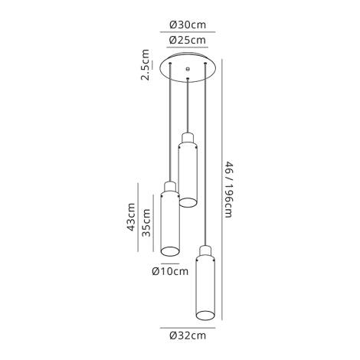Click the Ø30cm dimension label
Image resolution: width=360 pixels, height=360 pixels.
188,25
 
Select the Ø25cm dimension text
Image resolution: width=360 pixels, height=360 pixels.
188,41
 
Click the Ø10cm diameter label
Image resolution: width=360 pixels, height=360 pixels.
170,270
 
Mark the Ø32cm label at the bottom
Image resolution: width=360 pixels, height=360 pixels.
188,335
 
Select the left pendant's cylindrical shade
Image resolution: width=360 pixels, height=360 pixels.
169,224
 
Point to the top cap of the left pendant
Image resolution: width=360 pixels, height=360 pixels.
169,188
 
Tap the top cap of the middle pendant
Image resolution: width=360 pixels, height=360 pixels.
187,138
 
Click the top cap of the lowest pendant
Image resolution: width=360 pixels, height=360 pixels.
205,251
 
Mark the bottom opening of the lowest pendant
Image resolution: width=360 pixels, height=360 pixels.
205,314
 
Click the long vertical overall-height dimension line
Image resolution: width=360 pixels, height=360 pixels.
221,188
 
